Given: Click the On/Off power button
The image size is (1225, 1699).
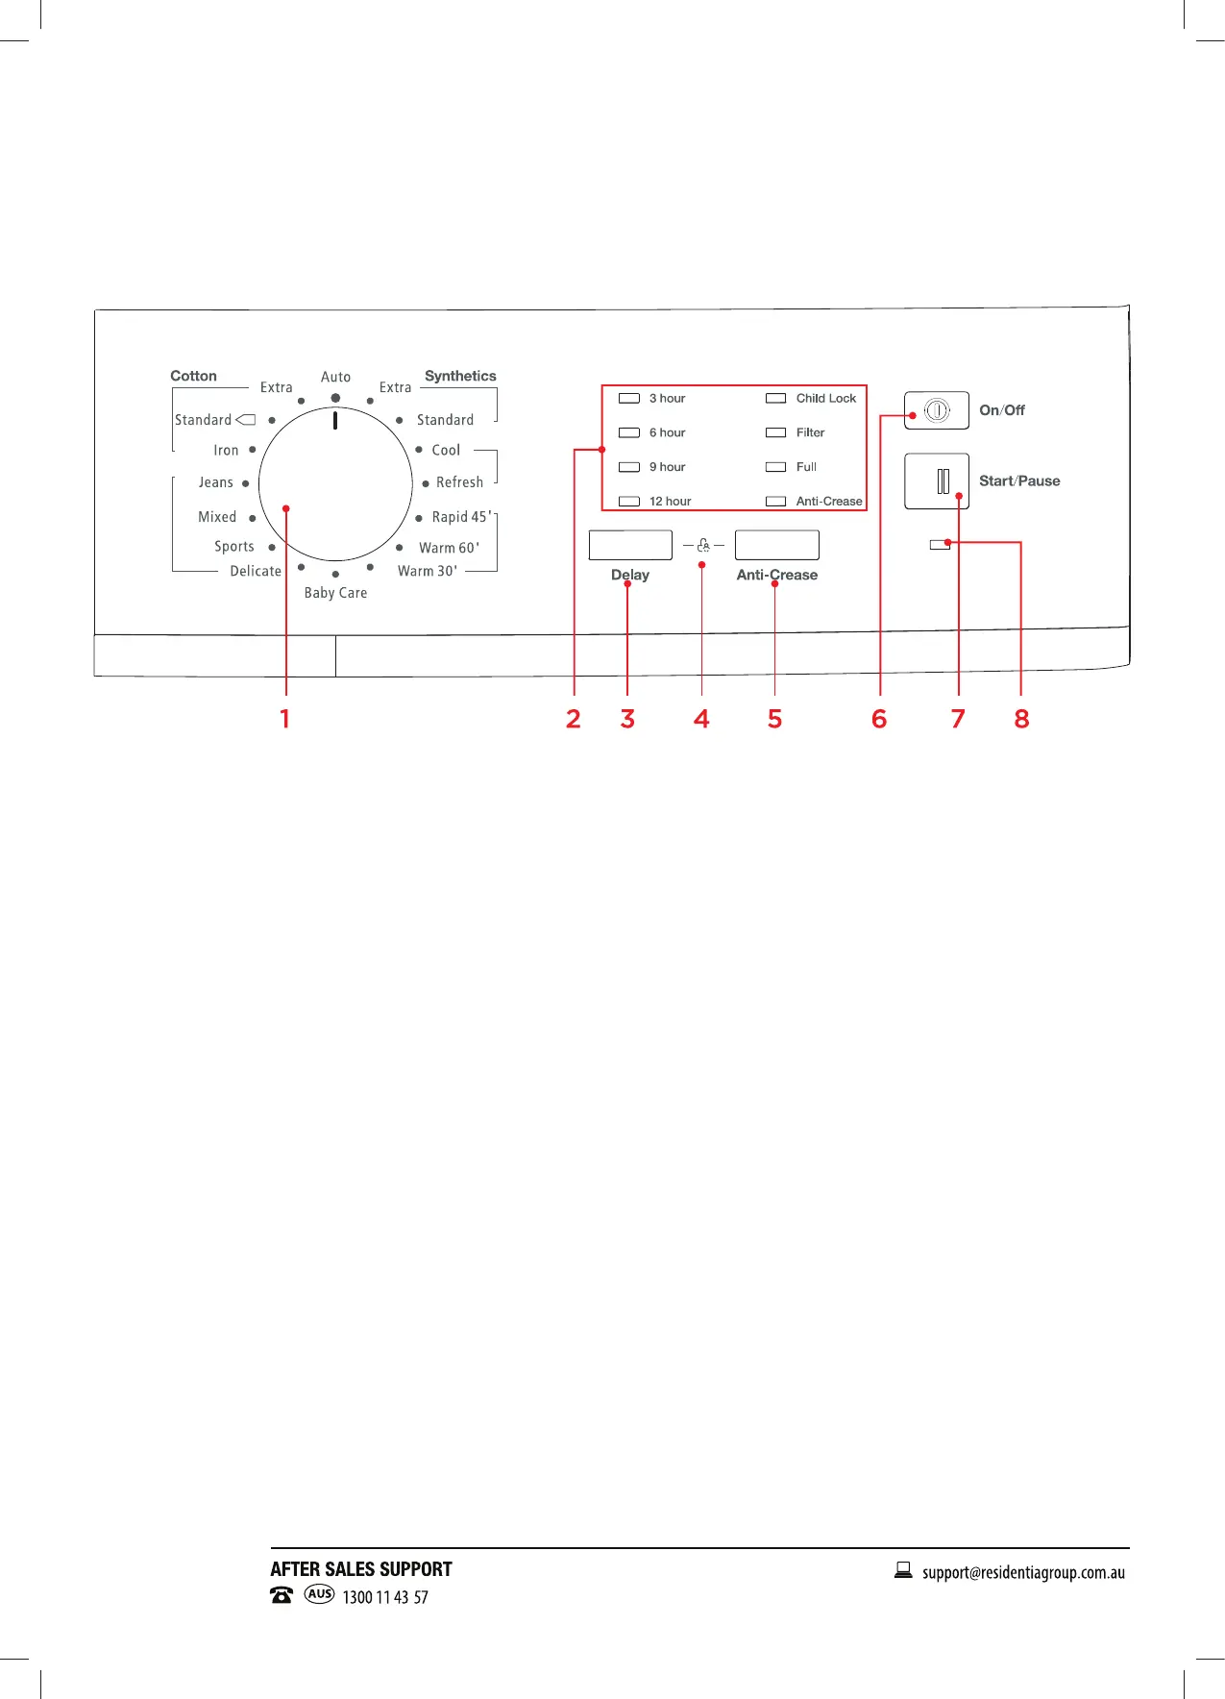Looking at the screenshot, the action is pos(936,410).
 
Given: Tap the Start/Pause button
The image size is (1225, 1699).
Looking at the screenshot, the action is pos(936,480).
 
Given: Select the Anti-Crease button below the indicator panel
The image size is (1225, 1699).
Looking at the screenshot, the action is pos(776,545).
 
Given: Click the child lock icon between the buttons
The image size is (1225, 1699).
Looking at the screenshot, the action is pos(703,545).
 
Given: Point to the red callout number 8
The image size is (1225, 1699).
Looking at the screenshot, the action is pos(1021,719).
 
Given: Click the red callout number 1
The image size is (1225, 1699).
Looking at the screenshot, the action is pos(284,719).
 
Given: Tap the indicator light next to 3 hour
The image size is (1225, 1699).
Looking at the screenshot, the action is pos(629,398).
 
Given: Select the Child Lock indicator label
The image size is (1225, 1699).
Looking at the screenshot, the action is pos(825,398).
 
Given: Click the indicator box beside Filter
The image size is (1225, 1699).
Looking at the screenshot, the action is pos(775,432).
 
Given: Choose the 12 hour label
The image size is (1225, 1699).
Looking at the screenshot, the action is pos(670,502).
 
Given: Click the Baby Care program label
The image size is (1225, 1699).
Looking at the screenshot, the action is pos(335,593).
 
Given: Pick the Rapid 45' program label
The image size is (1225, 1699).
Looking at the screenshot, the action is pos(461,517).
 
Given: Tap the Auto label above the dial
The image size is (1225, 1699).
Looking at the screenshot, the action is pos(335,377).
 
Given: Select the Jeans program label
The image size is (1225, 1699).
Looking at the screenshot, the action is pos(216,482).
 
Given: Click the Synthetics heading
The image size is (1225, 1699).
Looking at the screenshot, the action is pos(460,376).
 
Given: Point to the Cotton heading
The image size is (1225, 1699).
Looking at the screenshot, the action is pos(193,376).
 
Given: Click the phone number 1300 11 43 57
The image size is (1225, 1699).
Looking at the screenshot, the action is pos(385,1597).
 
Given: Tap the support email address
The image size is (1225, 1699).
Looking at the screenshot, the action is pos(1023,1573).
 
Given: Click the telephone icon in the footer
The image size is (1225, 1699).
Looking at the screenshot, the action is pos(282,1595).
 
